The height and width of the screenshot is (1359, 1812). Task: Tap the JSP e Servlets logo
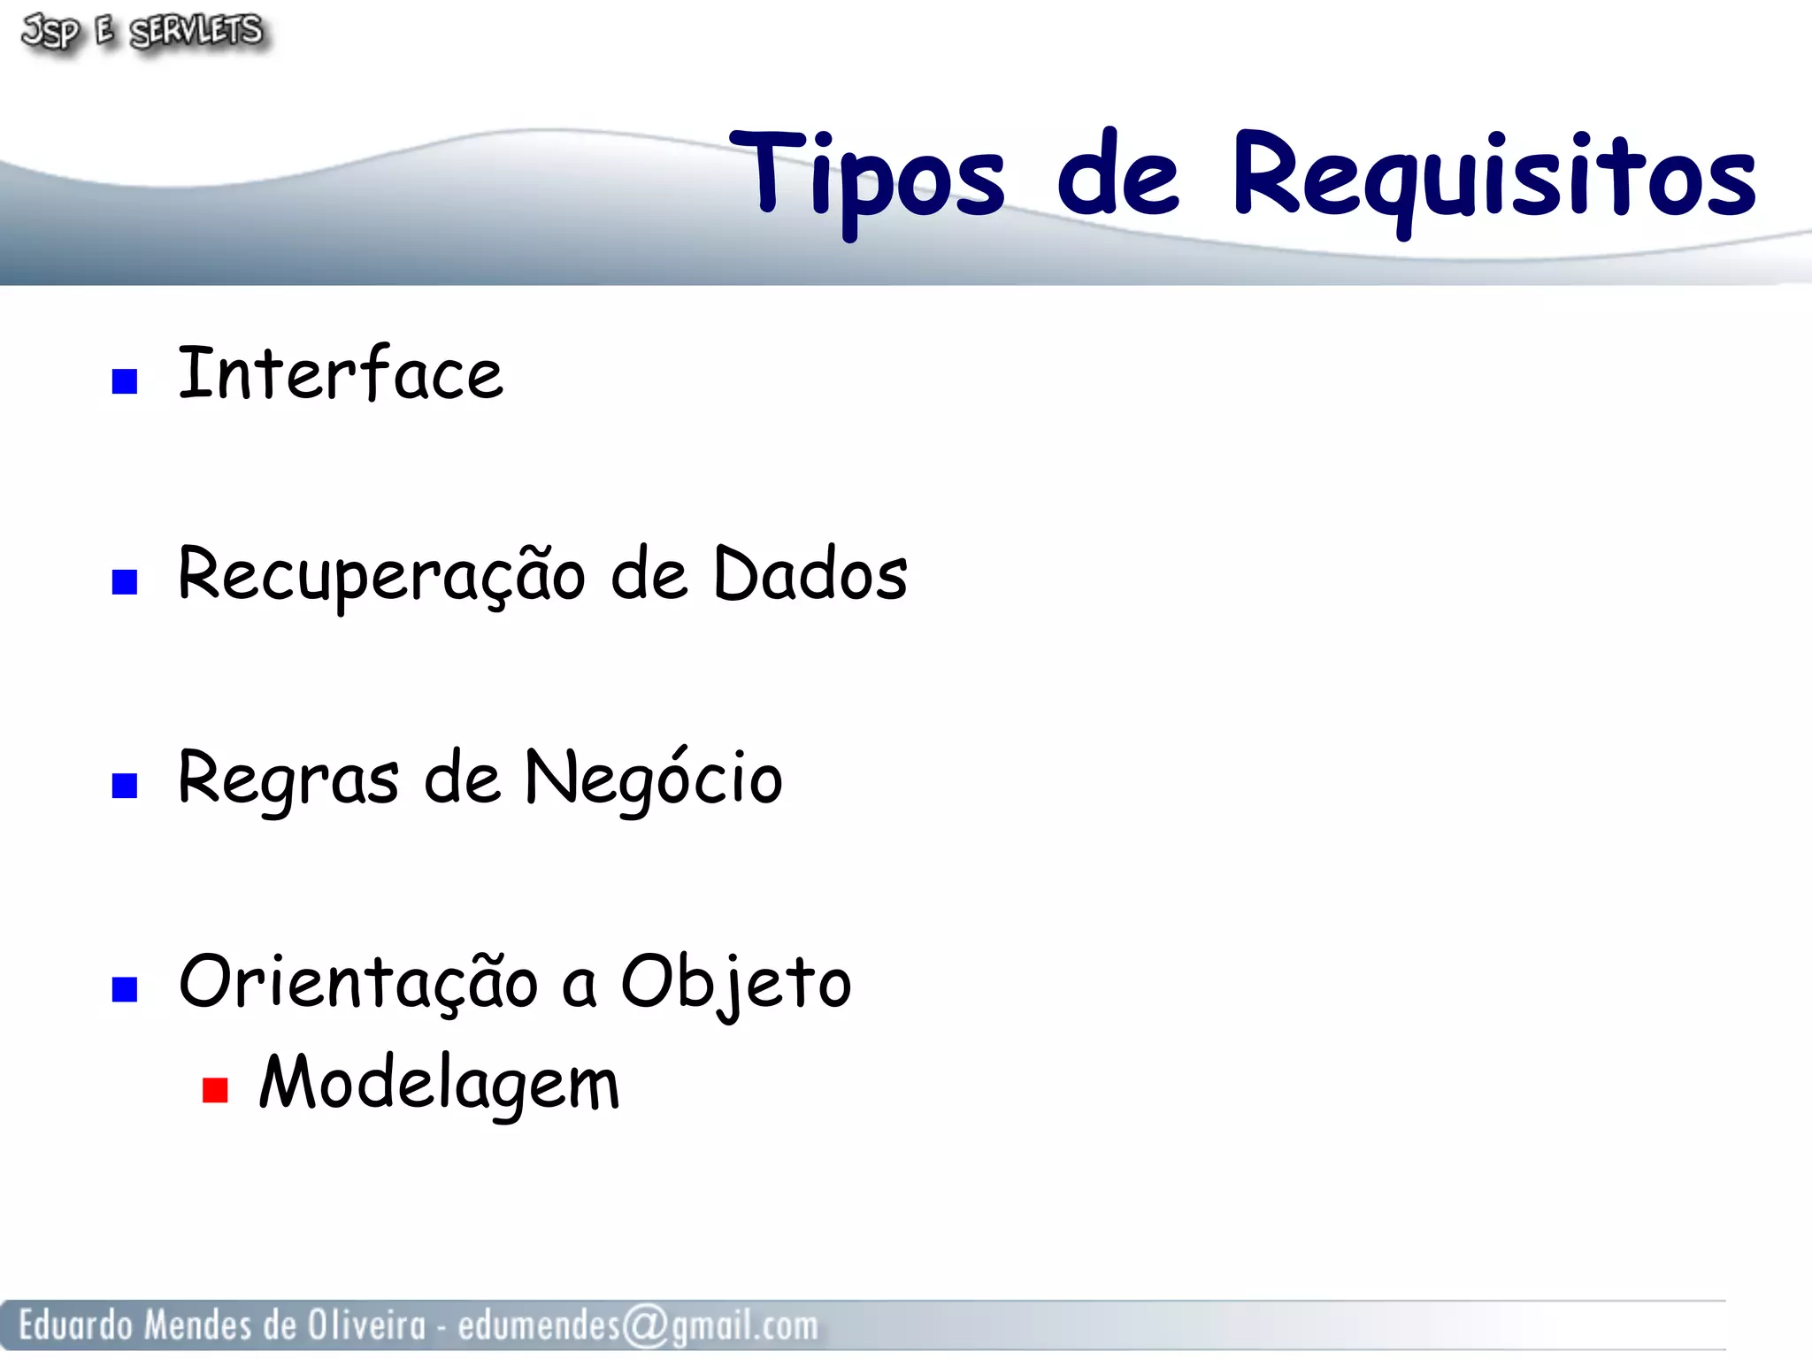click(142, 32)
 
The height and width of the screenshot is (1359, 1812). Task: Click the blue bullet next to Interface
click(125, 380)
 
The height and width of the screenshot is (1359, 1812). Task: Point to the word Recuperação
click(380, 575)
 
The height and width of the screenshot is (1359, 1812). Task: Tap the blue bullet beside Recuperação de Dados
click(125, 581)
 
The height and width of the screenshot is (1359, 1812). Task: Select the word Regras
click(288, 778)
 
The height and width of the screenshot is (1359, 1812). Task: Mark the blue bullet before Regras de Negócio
click(125, 785)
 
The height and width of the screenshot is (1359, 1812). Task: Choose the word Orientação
click(357, 982)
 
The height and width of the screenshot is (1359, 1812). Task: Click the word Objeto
click(735, 982)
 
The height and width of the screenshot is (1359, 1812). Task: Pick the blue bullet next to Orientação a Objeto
click(125, 988)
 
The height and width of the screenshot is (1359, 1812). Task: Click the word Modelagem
click(439, 1083)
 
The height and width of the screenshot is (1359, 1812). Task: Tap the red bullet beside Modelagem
click(215, 1089)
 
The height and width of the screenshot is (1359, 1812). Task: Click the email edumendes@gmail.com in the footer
click(637, 1325)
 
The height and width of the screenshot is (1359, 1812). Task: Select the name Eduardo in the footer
click(75, 1325)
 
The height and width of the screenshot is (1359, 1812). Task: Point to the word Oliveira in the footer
click(365, 1325)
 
